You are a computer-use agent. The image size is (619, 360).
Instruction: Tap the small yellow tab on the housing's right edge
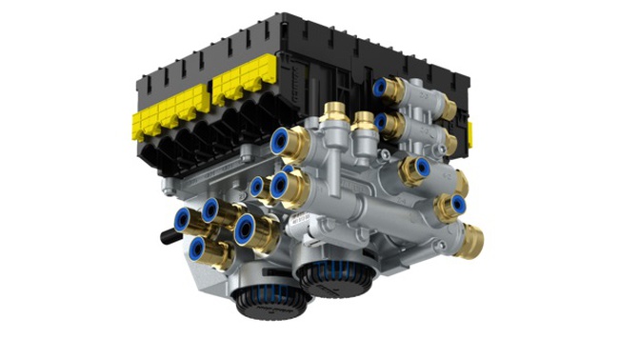pyautogui.click(x=470, y=131)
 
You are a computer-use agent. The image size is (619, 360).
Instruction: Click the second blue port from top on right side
pyautogui.click(x=380, y=122)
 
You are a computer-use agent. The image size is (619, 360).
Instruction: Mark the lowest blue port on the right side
pyautogui.click(x=458, y=202)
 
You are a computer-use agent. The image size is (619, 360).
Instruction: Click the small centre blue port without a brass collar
pyautogui.click(x=256, y=187)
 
